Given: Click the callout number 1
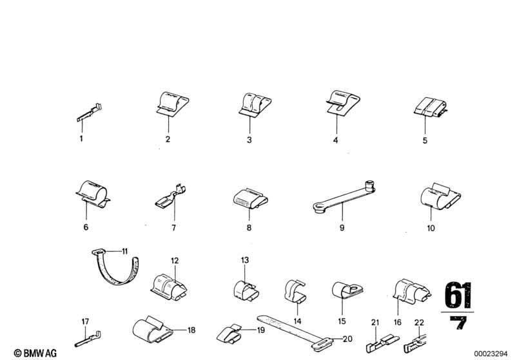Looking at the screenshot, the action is click(x=81, y=138).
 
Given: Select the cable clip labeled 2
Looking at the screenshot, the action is click(x=172, y=104).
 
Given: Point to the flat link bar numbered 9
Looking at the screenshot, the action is click(x=344, y=196).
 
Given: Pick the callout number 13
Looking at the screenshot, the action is click(x=245, y=260).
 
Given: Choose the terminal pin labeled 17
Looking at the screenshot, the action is click(x=88, y=339).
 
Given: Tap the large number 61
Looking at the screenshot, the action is click(x=458, y=295).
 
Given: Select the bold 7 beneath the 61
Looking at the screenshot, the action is click(x=458, y=323).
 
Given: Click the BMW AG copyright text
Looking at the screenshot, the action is click(x=35, y=353).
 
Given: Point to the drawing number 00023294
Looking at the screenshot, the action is click(x=491, y=354).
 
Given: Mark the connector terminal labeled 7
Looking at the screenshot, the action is click(x=170, y=196).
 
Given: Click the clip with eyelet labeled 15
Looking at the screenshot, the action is click(x=347, y=289).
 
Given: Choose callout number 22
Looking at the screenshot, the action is click(x=419, y=323).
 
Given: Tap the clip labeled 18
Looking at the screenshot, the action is click(x=152, y=330).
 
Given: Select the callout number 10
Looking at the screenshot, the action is click(x=431, y=228).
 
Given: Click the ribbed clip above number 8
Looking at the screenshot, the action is click(x=249, y=199).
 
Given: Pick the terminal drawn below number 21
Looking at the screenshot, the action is click(x=383, y=343).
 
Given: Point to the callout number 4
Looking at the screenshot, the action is click(x=335, y=140).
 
